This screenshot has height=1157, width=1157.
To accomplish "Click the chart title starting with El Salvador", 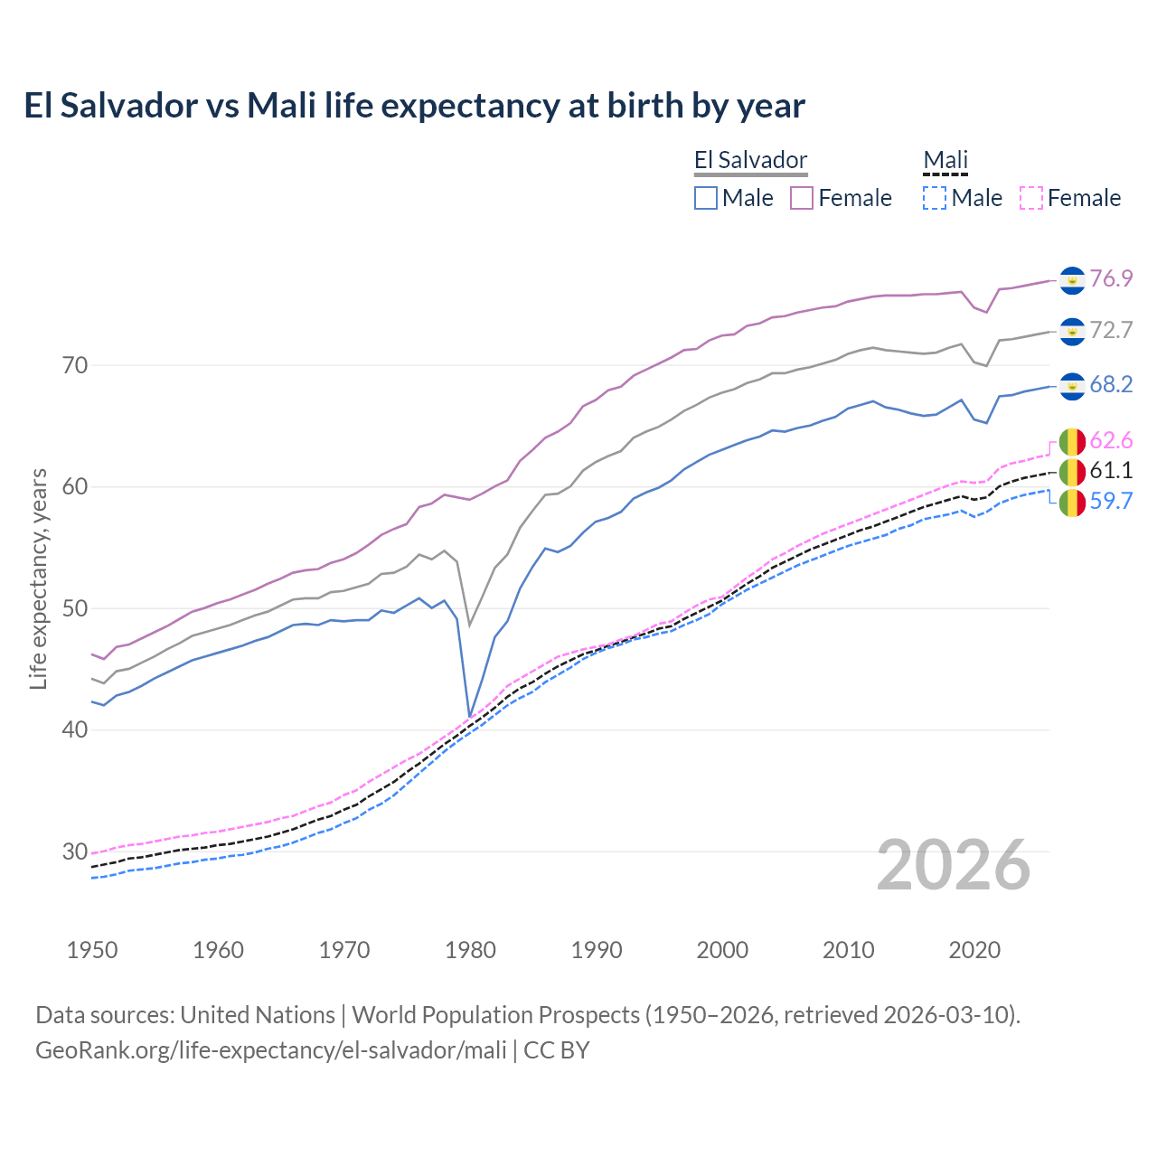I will point(414,106).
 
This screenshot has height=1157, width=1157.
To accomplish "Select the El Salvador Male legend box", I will point(706,198).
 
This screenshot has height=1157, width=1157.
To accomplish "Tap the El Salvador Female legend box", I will point(802,198).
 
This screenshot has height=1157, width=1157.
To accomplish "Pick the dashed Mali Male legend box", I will point(935,198).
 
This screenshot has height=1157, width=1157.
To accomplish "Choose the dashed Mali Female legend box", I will point(1031,198).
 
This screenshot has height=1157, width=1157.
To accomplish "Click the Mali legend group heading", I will point(945,161).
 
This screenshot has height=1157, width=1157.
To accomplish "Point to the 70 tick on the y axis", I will point(75,366).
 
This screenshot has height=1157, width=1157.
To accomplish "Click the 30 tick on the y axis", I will point(75,851).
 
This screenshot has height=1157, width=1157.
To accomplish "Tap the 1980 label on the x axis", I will point(470,950).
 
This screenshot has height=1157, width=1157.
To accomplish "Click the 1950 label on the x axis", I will point(92,950).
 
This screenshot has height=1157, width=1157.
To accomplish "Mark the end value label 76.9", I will point(1111,278).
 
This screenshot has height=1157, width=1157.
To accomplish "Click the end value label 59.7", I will point(1111,502).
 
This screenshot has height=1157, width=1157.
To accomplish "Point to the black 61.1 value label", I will point(1111,470).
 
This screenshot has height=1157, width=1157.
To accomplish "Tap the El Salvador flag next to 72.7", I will point(1072,332).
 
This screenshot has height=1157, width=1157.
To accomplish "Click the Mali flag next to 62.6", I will point(1072,441).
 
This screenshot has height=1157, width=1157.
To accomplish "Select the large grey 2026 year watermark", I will point(954,865).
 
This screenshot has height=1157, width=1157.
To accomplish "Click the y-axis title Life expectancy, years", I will point(38,578).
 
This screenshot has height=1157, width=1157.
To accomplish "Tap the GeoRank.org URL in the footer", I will point(271,1050).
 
